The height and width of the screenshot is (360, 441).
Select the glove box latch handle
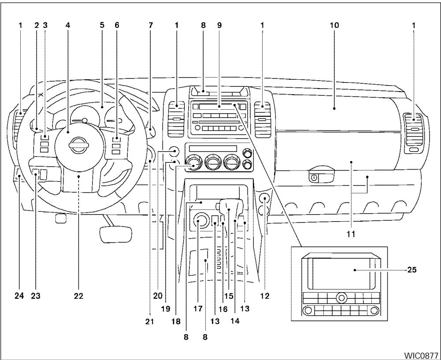320,178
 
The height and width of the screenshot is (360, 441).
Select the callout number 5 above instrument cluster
102,25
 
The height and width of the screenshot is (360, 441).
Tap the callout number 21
149,322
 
